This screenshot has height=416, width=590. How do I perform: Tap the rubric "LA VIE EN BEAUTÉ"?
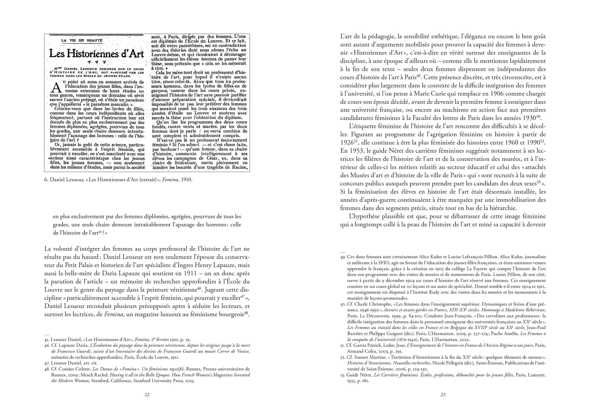[x=81, y=40]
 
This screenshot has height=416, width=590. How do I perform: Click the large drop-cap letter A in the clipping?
[x=56, y=87]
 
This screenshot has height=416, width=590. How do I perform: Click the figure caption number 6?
[x=46, y=180]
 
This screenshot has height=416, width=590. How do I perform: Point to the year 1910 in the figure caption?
[x=186, y=180]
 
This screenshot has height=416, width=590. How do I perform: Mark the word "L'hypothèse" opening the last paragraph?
[x=364, y=216]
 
